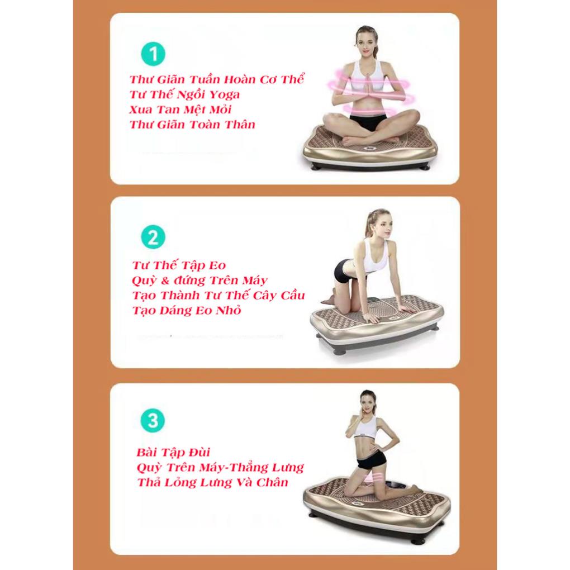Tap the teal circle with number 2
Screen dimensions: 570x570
(153, 237)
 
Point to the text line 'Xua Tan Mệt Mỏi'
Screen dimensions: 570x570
(180, 110)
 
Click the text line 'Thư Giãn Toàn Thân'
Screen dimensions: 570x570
(192, 125)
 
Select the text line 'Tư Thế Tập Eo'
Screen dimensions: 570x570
(179, 265)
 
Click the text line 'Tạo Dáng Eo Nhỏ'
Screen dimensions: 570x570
(187, 310)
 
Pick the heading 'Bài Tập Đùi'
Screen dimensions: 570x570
(173, 452)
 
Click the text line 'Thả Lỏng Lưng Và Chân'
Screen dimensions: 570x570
(212, 482)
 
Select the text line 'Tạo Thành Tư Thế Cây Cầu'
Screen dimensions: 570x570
(218, 295)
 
